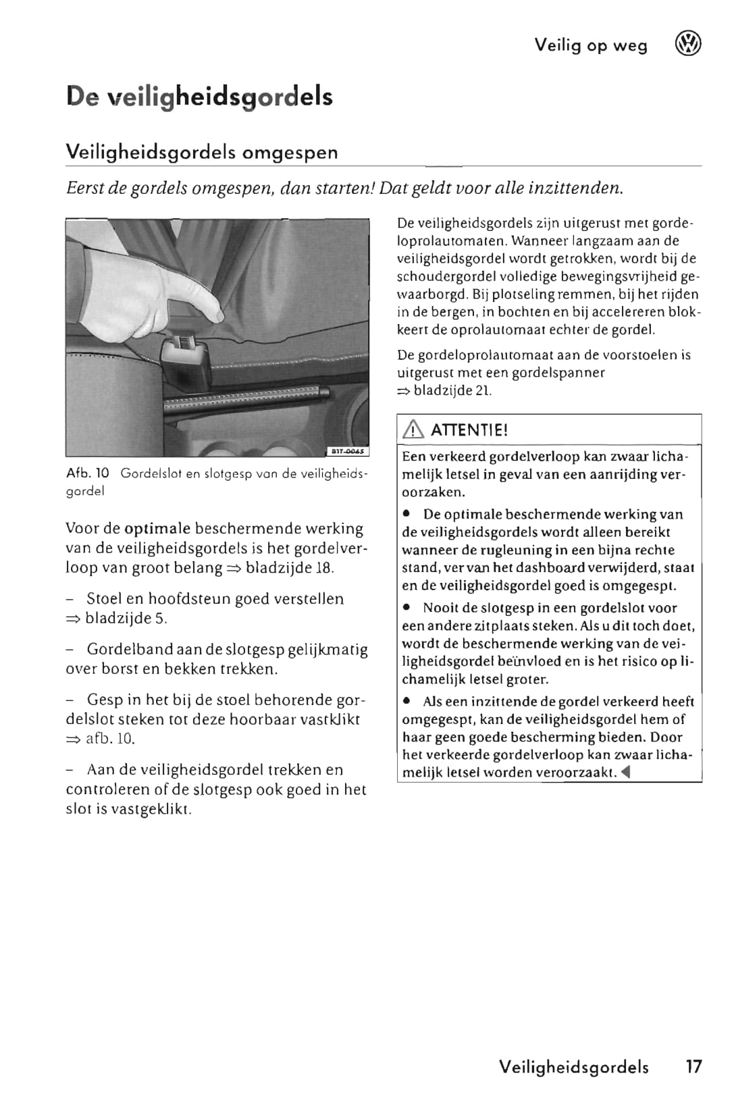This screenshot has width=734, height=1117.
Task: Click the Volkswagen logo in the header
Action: pyautogui.click(x=688, y=45)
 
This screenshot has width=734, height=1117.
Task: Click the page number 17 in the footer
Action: pyautogui.click(x=693, y=1067)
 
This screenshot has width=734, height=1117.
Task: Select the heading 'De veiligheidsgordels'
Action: pyautogui.click(x=200, y=97)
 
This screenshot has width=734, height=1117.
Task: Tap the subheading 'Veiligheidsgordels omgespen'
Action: pyautogui.click(x=202, y=152)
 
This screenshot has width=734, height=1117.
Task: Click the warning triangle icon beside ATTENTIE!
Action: pyautogui.click(x=411, y=430)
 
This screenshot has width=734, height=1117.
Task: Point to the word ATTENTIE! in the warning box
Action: pyautogui.click(x=469, y=430)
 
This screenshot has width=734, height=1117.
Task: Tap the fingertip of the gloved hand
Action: pyautogui.click(x=217, y=314)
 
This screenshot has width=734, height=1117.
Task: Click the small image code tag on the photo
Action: pyautogui.click(x=348, y=450)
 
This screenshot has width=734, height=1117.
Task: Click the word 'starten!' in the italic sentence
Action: pyautogui.click(x=342, y=187)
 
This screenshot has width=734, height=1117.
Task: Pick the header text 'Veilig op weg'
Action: pyautogui.click(x=591, y=45)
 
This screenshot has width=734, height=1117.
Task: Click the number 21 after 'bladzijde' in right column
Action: pyautogui.click(x=483, y=390)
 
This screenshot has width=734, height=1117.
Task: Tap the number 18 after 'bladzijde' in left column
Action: pyautogui.click(x=324, y=567)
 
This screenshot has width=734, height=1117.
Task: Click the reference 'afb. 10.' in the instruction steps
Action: pyautogui.click(x=110, y=739)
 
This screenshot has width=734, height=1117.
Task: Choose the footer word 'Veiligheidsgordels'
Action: pyautogui.click(x=574, y=1067)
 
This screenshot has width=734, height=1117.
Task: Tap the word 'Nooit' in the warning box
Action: pyautogui.click(x=441, y=608)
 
